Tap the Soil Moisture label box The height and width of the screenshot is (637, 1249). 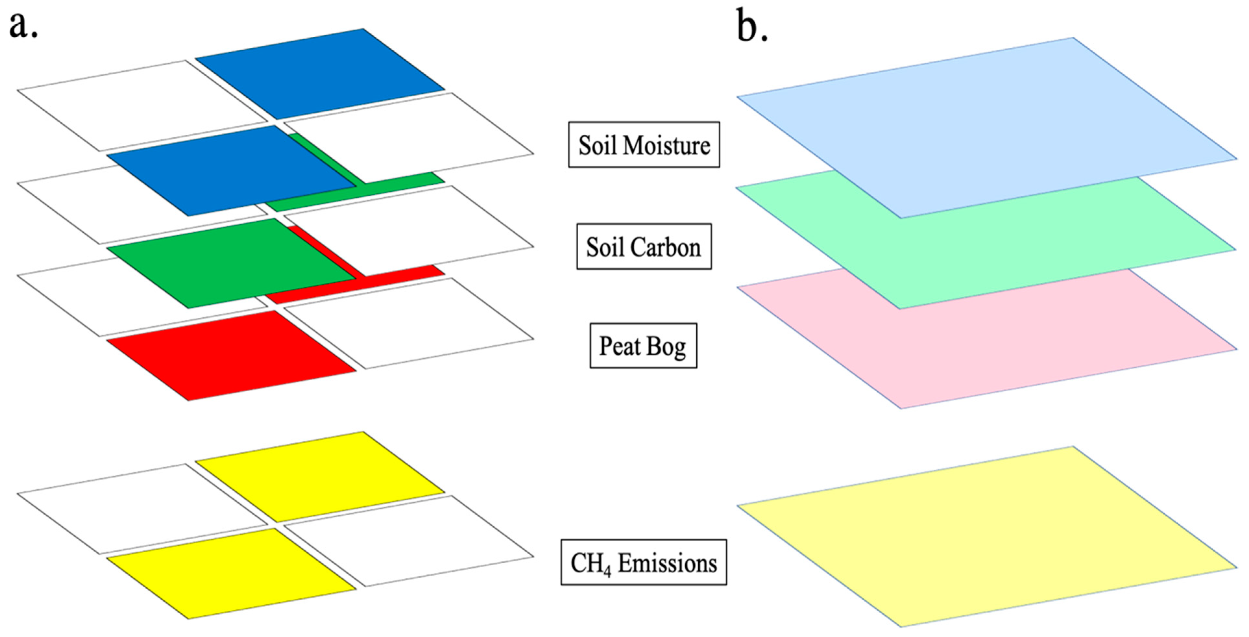[643, 145]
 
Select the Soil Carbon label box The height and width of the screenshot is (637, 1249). [643, 246]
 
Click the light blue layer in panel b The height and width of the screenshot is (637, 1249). [984, 121]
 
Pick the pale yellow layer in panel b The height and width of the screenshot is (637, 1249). [984, 536]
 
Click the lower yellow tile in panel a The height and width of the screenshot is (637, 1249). [230, 573]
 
